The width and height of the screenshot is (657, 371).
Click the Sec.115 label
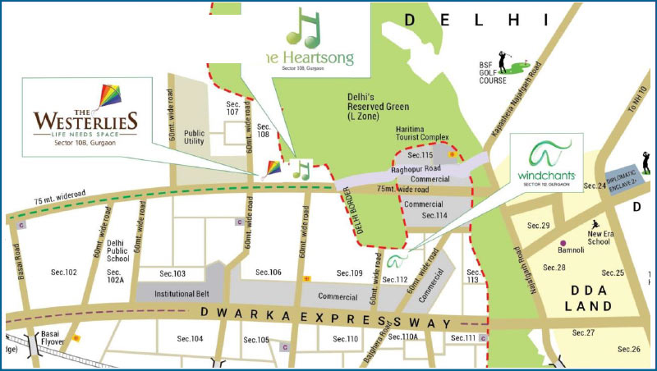(x=421, y=155)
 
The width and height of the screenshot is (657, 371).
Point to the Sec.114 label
(x=434, y=215)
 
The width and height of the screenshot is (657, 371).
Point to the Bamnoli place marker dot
(x=563, y=244)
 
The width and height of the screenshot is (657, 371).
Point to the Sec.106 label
(x=269, y=273)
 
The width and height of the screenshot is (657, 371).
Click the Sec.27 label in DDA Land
(x=584, y=332)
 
